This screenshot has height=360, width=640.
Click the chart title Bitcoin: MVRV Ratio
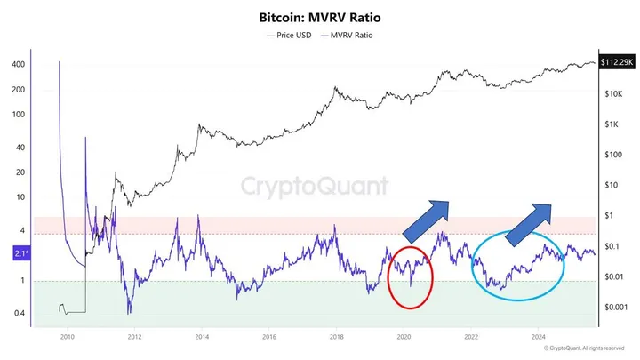pyautogui.click(x=319, y=17)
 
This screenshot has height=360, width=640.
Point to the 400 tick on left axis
pyautogui.click(x=19, y=65)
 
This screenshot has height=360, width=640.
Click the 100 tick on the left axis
pyautogui.click(x=19, y=115)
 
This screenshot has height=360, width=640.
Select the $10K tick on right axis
pyautogui.click(x=612, y=93)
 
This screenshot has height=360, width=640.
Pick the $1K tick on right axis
pyautogui.click(x=611, y=124)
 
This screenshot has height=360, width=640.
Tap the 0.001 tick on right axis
pyautogui.click(x=614, y=306)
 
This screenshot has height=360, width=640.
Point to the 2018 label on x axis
pyautogui.click(x=336, y=338)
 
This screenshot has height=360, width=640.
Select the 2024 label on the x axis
pyautogui.click(x=538, y=338)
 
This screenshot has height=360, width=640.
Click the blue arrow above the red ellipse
pyautogui.click(x=428, y=220)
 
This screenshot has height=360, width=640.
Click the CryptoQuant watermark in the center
pyautogui.click(x=316, y=186)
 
